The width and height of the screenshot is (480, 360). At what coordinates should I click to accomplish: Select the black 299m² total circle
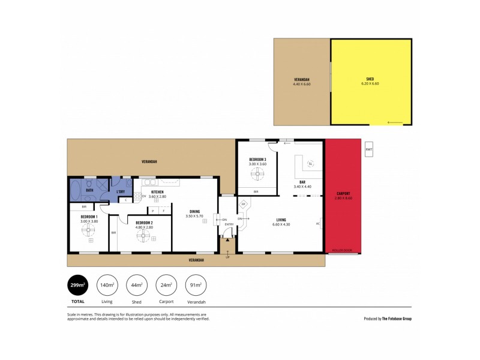77,285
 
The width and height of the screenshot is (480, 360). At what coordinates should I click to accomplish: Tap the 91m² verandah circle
196,285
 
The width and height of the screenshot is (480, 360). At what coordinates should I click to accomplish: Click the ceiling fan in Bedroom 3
258,175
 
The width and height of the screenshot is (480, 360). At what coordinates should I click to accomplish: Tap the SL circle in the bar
310,164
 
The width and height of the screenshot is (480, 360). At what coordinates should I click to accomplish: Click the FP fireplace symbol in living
244,205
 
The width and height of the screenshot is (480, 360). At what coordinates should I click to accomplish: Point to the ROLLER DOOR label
342,250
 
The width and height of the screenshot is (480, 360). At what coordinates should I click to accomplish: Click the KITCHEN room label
149,191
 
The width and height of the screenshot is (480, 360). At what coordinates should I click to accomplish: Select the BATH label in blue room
89,190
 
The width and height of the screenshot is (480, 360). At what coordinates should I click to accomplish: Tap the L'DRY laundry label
120,191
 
